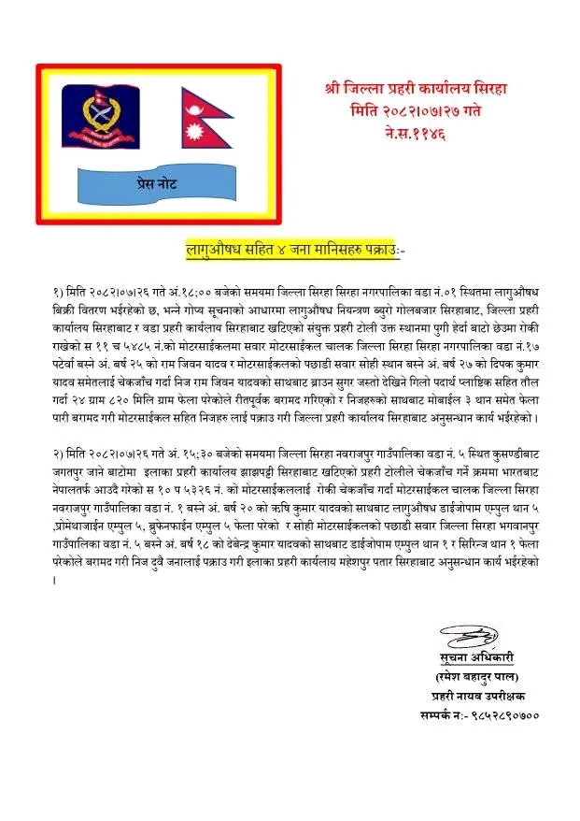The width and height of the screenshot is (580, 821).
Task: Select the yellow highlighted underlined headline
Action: [x=290, y=250]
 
